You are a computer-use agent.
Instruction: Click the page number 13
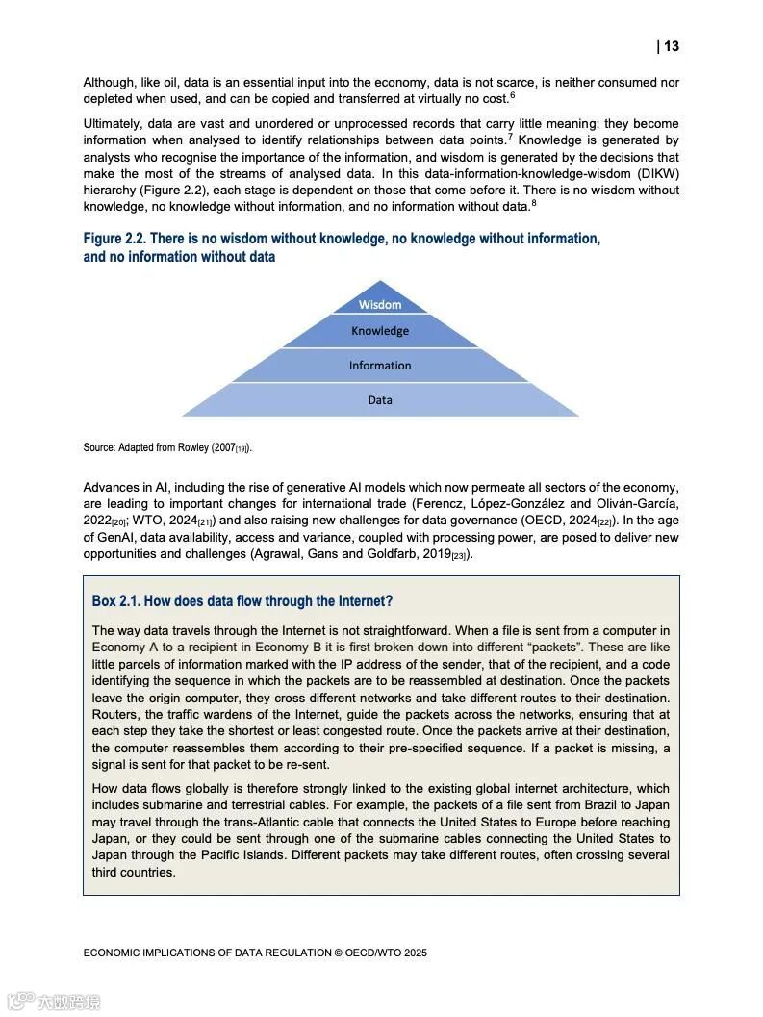pos(671,46)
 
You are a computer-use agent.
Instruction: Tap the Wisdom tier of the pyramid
pos(380,304)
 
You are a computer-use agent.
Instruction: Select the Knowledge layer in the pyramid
pos(380,331)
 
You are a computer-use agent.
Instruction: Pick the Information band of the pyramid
pos(380,366)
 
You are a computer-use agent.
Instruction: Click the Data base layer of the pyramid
pos(380,400)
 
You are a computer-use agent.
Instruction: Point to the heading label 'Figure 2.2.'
pos(114,239)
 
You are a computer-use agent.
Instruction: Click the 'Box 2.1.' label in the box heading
pos(115,601)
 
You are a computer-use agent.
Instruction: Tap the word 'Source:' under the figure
pos(99,448)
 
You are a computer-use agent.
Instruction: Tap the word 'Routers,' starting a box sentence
pos(116,714)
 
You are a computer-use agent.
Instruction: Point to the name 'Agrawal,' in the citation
pos(274,554)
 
